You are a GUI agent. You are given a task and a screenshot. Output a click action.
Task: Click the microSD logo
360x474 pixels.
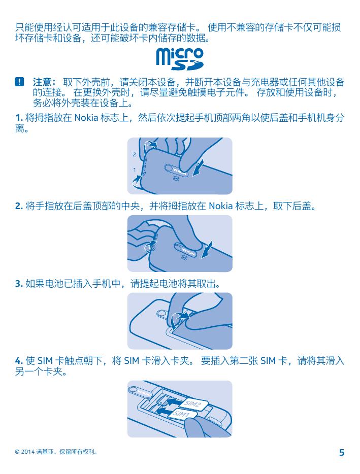click(x=180, y=59)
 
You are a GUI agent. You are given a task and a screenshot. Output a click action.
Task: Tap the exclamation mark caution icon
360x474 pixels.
click(x=19, y=82)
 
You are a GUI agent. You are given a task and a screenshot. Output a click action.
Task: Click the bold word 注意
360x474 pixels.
click(x=43, y=82)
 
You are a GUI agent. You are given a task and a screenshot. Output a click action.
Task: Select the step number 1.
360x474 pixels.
click(x=19, y=118)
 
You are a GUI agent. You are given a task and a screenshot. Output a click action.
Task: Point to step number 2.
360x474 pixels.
click(x=19, y=206)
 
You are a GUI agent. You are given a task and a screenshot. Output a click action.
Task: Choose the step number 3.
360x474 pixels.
click(x=19, y=284)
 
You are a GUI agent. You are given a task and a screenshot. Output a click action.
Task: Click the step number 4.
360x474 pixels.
click(x=19, y=361)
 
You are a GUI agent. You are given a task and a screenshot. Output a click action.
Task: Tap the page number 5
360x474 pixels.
click(x=342, y=452)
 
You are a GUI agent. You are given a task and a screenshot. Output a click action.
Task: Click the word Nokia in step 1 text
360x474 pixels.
click(x=86, y=118)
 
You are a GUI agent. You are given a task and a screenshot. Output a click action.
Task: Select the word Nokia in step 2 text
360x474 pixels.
click(x=221, y=206)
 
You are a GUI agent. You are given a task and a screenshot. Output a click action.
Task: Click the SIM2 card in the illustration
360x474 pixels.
click(x=193, y=404)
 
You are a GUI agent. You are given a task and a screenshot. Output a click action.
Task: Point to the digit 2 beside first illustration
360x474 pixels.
click(x=135, y=155)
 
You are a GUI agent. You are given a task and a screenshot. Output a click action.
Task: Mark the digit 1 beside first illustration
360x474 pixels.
click(x=135, y=170)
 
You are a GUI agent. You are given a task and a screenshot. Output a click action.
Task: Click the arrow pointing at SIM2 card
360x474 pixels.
click(x=175, y=402)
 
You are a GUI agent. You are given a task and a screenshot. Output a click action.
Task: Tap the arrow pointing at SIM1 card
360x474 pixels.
click(x=166, y=411)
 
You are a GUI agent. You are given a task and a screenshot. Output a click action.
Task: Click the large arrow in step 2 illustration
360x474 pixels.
click(x=206, y=250)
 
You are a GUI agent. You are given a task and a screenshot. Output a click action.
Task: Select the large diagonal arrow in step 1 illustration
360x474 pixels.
click(x=198, y=168)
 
